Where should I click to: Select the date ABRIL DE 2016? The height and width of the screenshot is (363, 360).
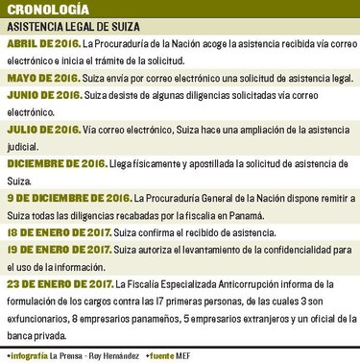[x=43, y=45]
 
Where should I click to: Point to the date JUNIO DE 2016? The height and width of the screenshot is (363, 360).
[x=43, y=96]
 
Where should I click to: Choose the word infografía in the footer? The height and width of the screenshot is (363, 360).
[x=32, y=355]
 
